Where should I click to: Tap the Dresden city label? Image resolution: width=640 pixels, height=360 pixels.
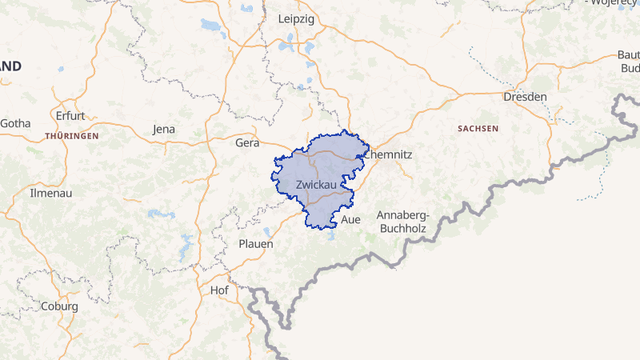coord(525,97)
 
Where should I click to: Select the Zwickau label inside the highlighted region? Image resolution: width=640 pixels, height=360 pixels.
coord(315,185)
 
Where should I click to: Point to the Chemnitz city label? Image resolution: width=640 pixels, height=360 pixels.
coord(387,154)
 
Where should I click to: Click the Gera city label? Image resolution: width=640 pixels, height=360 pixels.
coord(249,143)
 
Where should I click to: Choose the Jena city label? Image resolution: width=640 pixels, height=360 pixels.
coord(163,130)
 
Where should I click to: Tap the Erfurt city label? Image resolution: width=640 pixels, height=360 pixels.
coord(70,115)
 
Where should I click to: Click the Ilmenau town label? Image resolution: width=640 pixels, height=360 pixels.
coord(28,193)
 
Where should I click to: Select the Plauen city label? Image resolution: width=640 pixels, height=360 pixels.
coord(256,243)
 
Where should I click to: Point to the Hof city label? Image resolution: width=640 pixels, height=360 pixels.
coord(218,290)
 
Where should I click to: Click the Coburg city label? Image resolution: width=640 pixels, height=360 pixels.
coord(59,306)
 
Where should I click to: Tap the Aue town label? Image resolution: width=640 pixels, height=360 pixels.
coord(351,219)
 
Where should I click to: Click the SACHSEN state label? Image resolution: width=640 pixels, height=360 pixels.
coord(478,128)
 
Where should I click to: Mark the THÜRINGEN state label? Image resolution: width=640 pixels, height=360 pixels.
coord(72,136)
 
